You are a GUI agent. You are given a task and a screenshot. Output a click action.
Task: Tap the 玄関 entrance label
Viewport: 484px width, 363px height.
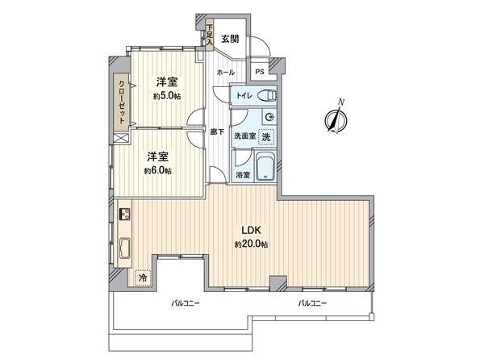[x=230, y=38]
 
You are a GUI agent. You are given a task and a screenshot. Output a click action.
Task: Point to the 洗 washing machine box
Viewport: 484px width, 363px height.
[x=265, y=136]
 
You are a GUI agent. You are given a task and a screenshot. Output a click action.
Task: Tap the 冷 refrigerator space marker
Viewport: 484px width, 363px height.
[x=143, y=278]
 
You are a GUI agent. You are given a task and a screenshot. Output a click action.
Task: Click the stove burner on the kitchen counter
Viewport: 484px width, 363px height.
[x=126, y=215]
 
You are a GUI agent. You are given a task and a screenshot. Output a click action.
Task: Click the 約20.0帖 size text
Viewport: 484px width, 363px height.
[x=251, y=244]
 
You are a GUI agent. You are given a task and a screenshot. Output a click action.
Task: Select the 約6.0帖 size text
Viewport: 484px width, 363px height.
[x=158, y=170]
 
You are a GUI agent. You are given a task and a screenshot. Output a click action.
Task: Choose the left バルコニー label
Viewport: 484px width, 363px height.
[x=186, y=303]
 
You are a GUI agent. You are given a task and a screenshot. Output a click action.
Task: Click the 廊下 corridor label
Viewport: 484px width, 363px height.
[x=216, y=132]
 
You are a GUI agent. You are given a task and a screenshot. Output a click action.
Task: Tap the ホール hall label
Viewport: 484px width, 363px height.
[x=224, y=73]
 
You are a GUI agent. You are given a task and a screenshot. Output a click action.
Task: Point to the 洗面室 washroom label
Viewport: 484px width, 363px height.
[x=244, y=136]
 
